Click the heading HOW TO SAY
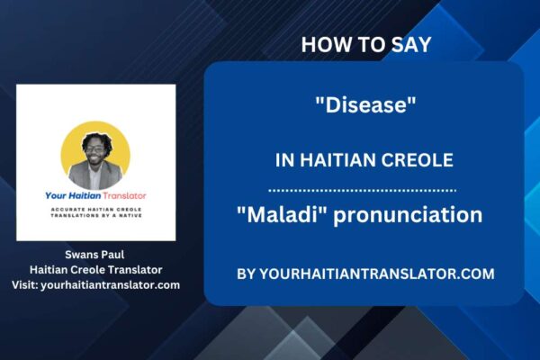[x=364, y=44]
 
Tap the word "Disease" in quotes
[x=364, y=106]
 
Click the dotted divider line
[x=364, y=190]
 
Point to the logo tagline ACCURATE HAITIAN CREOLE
[x=95, y=210]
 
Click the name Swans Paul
[x=96, y=255]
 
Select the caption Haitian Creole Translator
[x=96, y=269]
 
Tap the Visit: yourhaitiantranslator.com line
[x=96, y=284]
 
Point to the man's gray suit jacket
[x=95, y=175]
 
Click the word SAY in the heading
[x=413, y=44]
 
